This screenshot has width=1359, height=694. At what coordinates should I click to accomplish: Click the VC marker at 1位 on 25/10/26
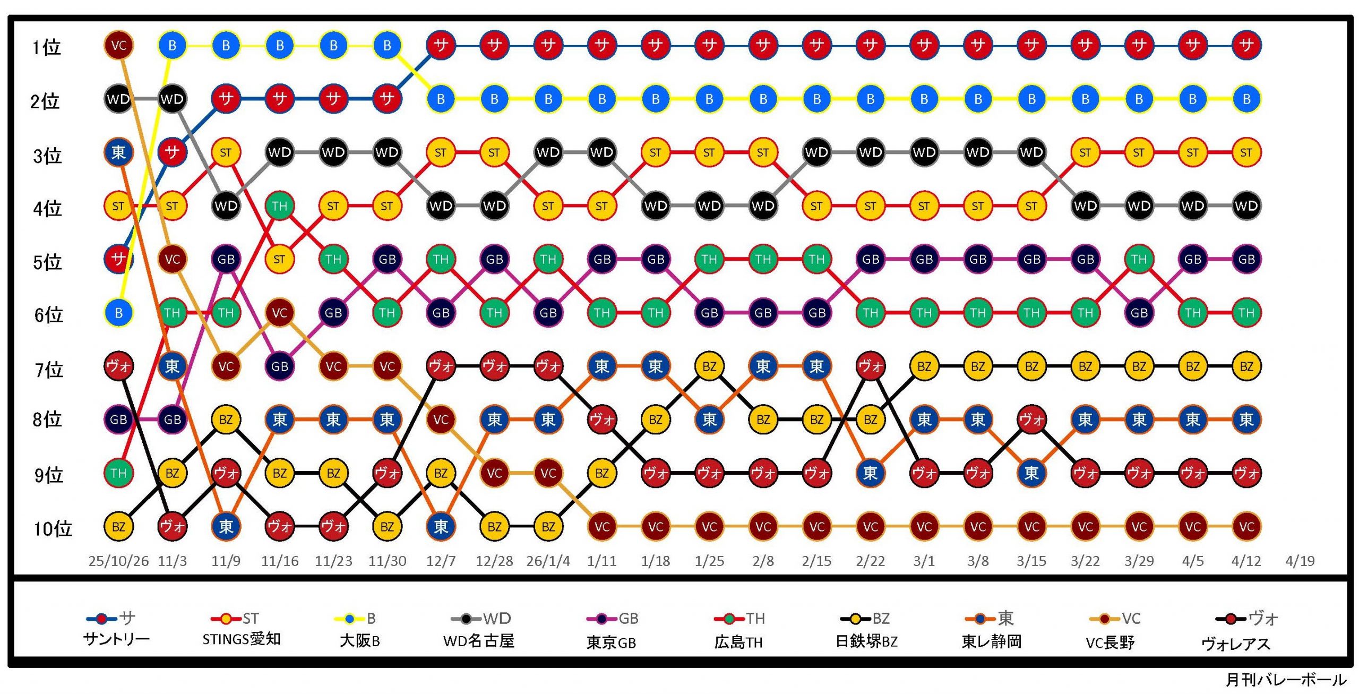(118, 45)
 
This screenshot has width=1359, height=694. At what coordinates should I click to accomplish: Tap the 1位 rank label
(46, 47)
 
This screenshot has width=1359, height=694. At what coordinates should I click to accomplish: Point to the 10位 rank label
(53, 528)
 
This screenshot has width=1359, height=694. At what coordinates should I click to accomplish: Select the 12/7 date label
(441, 561)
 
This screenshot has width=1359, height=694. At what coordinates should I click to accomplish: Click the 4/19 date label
(1300, 561)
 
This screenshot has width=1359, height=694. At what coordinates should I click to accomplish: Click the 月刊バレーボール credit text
(1286, 680)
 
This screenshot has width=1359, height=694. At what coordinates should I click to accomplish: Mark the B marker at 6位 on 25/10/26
(118, 313)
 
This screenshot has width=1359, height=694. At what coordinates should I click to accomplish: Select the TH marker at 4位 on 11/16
(279, 206)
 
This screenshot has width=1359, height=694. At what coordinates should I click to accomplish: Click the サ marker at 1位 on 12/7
(441, 45)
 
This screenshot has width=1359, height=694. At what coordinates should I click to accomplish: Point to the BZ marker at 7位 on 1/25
(709, 366)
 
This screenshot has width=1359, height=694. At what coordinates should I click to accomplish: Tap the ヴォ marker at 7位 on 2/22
(870, 366)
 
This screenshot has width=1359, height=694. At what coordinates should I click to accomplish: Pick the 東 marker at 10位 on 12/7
(441, 527)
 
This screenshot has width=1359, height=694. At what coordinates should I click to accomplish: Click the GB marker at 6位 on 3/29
(1139, 313)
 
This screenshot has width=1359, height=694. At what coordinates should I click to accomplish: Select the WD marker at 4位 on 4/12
(1246, 206)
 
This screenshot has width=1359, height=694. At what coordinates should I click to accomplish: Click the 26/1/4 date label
(548, 561)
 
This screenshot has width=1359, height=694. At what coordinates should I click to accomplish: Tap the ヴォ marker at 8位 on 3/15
(1031, 420)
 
